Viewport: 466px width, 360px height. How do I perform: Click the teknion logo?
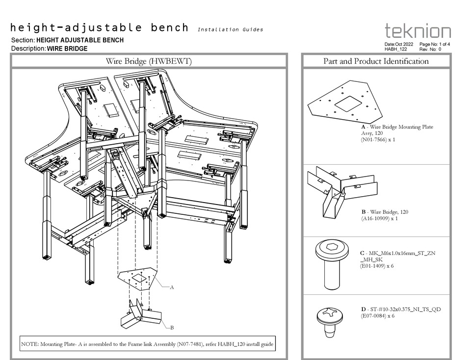417,31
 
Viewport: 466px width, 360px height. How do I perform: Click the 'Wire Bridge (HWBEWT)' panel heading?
149,61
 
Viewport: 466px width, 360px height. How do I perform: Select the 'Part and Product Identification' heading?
376,61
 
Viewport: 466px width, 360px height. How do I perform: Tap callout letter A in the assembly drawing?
172,288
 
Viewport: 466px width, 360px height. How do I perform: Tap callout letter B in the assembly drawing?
172,327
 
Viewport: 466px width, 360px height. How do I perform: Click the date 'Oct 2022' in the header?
403,44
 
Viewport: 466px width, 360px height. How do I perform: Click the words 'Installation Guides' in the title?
230,30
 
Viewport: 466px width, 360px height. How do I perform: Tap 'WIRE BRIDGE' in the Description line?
68,49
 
